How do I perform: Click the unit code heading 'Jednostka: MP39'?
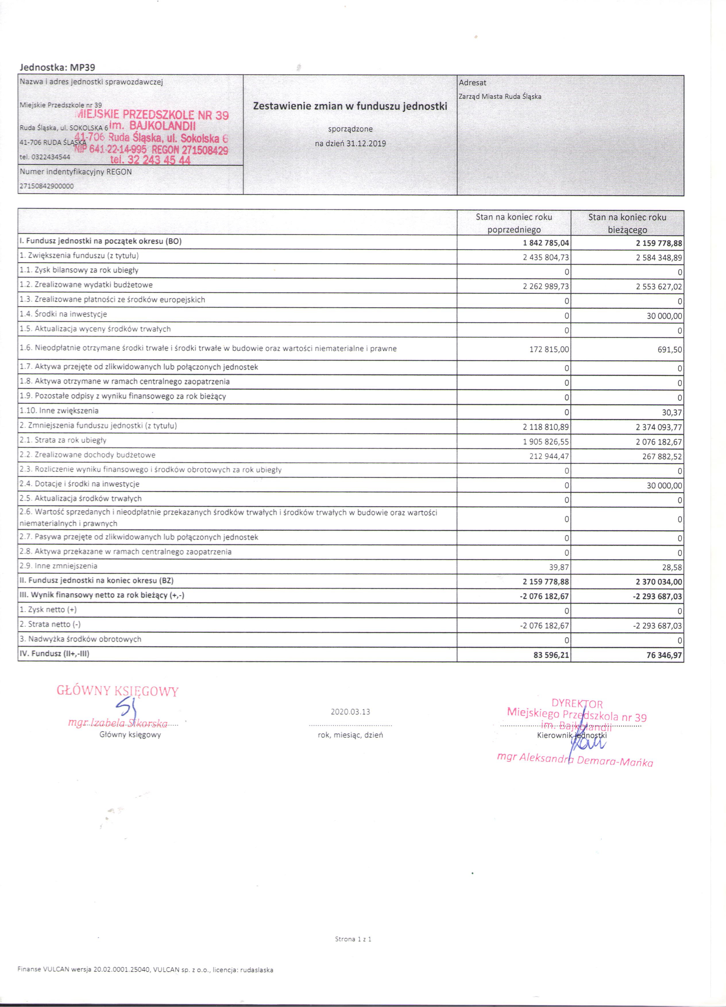57,67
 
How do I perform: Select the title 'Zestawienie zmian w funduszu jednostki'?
350,107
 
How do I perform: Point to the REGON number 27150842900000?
47,186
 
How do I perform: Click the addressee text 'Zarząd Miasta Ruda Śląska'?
500,96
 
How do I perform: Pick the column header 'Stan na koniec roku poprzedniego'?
514,223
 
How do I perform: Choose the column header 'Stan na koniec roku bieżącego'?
627,223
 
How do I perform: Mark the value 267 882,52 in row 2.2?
662,457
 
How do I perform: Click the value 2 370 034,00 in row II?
658,582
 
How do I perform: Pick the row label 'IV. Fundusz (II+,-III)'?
55,654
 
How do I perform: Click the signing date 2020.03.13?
350,712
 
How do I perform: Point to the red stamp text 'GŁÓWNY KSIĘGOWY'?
118,691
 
